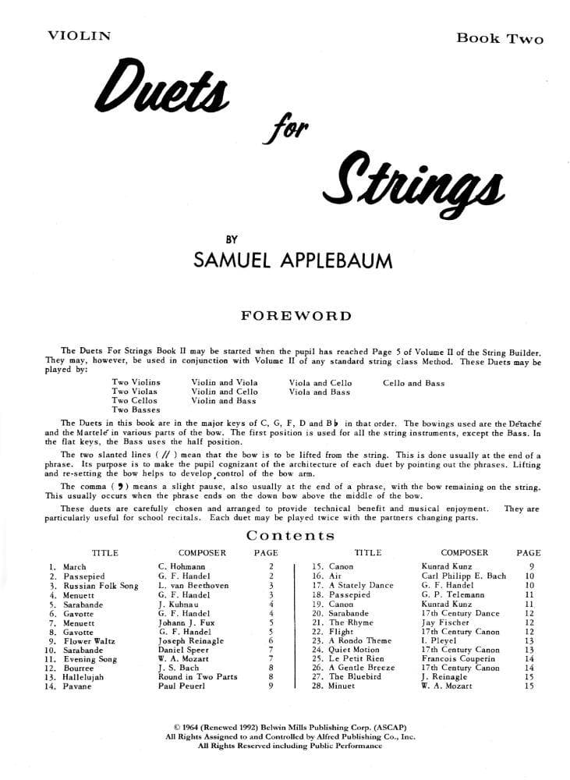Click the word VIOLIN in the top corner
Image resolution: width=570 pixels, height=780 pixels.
79,35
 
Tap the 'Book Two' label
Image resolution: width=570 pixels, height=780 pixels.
500,38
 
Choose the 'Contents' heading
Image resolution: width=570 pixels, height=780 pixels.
290,535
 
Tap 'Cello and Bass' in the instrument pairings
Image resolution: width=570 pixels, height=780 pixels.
413,383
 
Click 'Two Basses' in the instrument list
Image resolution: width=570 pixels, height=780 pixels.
136,409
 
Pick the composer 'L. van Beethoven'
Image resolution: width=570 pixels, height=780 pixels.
193,585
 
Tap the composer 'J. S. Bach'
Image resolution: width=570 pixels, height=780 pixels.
179,668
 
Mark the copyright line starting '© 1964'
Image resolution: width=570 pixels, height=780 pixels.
285,726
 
